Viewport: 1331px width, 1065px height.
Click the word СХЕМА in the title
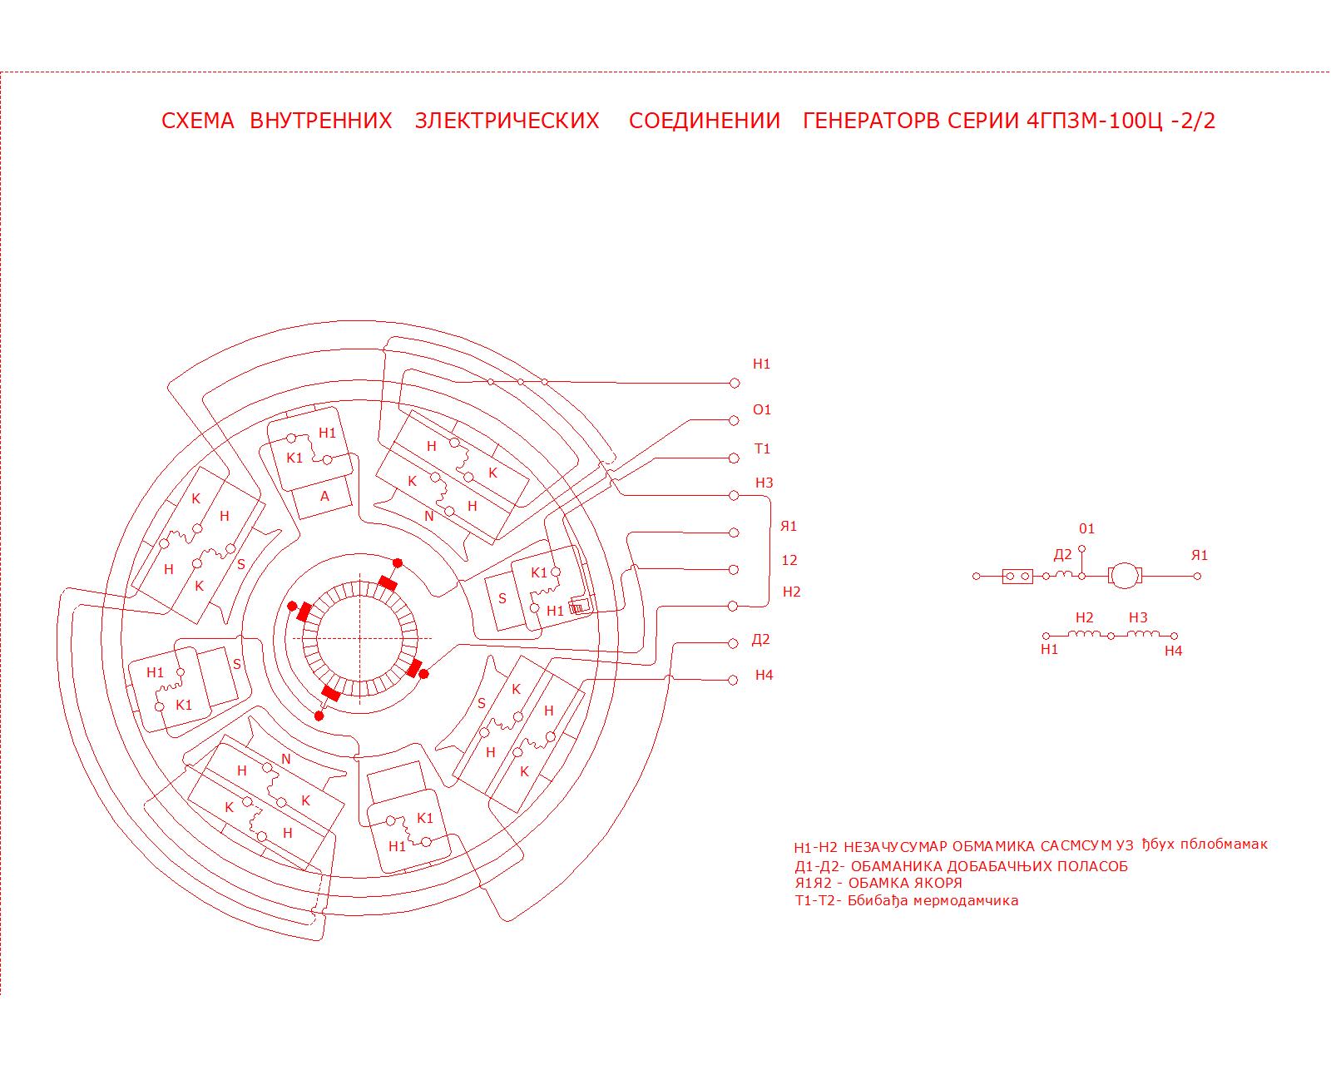click(198, 121)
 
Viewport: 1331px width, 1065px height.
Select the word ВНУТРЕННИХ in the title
click(320, 121)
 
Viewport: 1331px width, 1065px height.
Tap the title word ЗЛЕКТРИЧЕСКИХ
click(507, 121)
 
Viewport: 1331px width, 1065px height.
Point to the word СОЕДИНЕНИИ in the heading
click(705, 121)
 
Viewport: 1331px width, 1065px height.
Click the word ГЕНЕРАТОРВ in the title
click(872, 121)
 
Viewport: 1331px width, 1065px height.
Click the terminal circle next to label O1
click(734, 421)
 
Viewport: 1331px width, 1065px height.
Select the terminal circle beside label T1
click(734, 458)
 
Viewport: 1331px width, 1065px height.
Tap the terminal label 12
click(789, 560)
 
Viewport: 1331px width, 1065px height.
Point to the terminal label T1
click(762, 448)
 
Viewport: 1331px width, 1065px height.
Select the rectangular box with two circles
click(1017, 576)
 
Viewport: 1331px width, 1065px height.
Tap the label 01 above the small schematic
click(1086, 528)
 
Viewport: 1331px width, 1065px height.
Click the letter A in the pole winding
click(324, 496)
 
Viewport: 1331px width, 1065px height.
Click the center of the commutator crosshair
click(360, 638)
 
